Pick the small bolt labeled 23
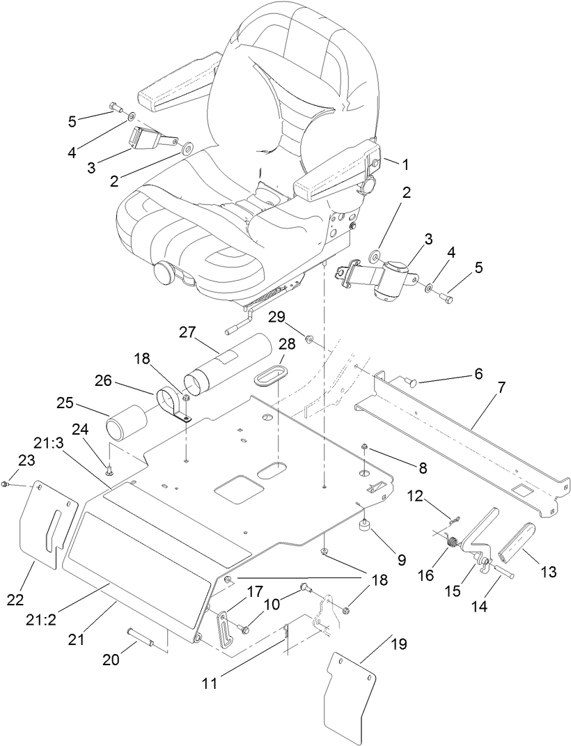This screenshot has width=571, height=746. point(5,483)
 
